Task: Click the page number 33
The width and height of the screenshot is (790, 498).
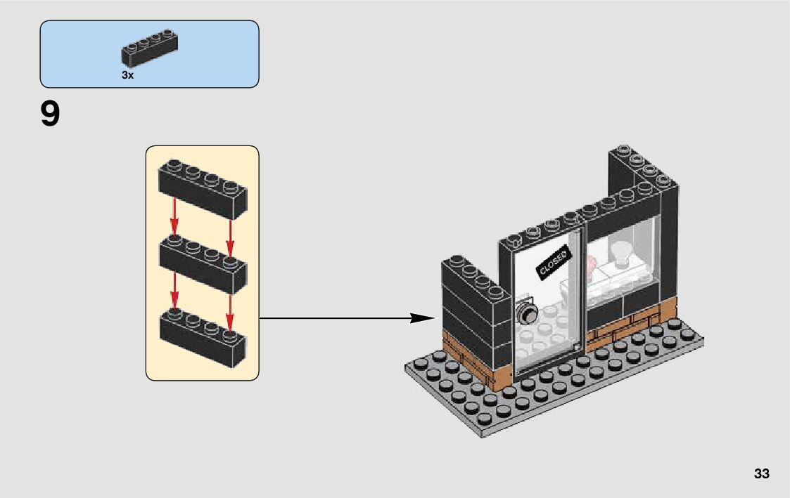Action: (x=761, y=473)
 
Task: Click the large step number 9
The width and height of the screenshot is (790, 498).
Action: (x=51, y=114)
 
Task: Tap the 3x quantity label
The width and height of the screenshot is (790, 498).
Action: (x=127, y=74)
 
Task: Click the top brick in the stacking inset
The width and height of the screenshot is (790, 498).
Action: (x=203, y=189)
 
